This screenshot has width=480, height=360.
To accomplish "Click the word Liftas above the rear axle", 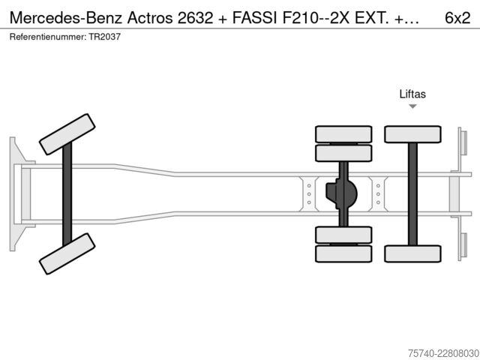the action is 412,94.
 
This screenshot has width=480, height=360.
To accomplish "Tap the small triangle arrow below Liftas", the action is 412,106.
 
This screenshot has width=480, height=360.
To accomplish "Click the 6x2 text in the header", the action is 457,18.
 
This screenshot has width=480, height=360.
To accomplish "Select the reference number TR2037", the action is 105,37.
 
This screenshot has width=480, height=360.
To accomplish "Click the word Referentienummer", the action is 48,37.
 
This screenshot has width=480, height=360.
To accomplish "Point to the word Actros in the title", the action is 150,18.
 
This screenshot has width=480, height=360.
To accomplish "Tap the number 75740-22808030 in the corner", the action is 443,353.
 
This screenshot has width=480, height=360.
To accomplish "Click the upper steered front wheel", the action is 67,134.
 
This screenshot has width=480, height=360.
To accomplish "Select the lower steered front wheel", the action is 67,253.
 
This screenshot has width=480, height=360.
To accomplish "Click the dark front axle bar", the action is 67,194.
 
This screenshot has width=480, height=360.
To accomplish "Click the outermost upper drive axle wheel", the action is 343,134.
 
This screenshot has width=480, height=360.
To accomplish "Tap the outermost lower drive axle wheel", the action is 343,253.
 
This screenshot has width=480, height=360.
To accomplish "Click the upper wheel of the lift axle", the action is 412,134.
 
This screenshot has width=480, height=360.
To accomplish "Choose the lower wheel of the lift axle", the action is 412,253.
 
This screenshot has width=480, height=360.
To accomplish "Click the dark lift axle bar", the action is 412,194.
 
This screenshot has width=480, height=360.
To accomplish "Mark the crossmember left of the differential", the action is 309,194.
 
